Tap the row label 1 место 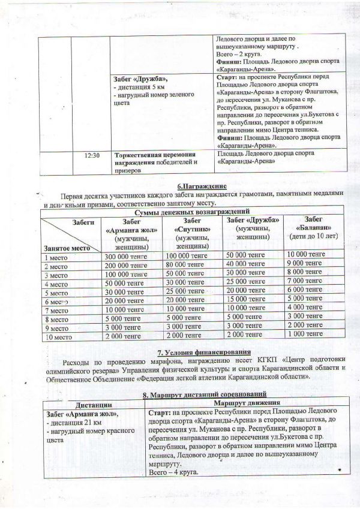(x=56, y=257)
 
